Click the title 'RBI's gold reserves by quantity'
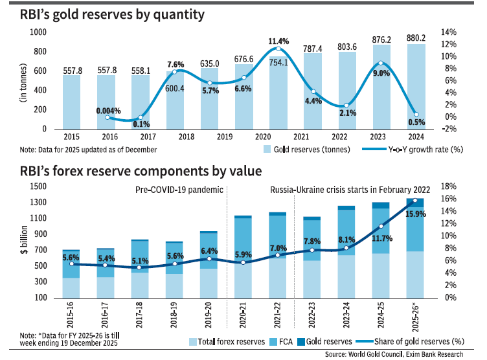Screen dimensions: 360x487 click(104, 14)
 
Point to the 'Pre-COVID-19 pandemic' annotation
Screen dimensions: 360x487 click(178, 190)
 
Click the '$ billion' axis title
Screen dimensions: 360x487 click(24, 241)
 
